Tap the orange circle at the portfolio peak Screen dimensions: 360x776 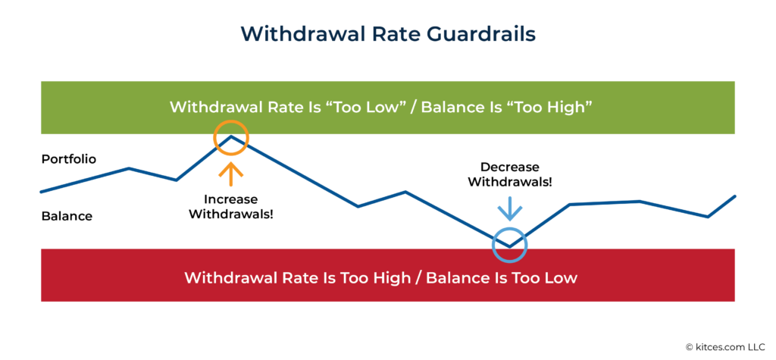tap(230, 139)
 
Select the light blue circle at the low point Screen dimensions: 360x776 tap(509, 244)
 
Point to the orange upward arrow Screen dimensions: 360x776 tap(230, 174)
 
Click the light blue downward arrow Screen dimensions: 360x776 tap(509, 207)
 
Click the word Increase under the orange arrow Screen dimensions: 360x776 tap(230, 200)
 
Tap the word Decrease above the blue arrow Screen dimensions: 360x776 tap(509, 167)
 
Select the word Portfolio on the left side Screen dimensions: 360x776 tap(69, 159)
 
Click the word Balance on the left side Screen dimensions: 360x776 tap(67, 216)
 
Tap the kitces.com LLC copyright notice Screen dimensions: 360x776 tap(727, 346)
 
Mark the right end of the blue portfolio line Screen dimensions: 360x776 tap(734, 196)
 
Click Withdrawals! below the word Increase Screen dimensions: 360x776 tap(230, 214)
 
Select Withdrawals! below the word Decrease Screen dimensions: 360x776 tap(509, 182)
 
